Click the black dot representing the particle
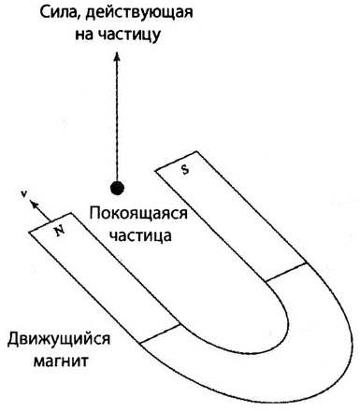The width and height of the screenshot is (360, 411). [x=117, y=188]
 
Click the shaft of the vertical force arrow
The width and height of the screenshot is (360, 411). [x=117, y=121]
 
